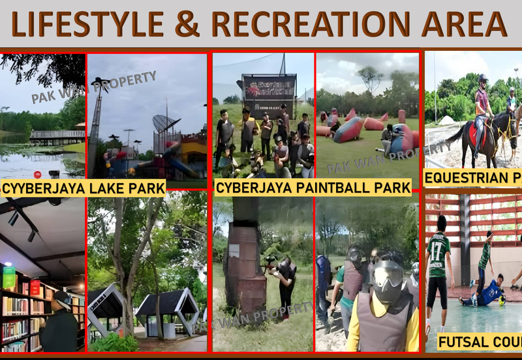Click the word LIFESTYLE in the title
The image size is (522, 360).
[88, 24]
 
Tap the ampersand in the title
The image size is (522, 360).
[187, 24]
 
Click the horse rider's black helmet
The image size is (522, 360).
[482, 78]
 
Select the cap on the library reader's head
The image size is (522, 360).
[61, 296]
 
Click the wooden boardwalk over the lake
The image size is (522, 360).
[57, 136]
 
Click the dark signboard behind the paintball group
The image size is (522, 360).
[268, 87]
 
